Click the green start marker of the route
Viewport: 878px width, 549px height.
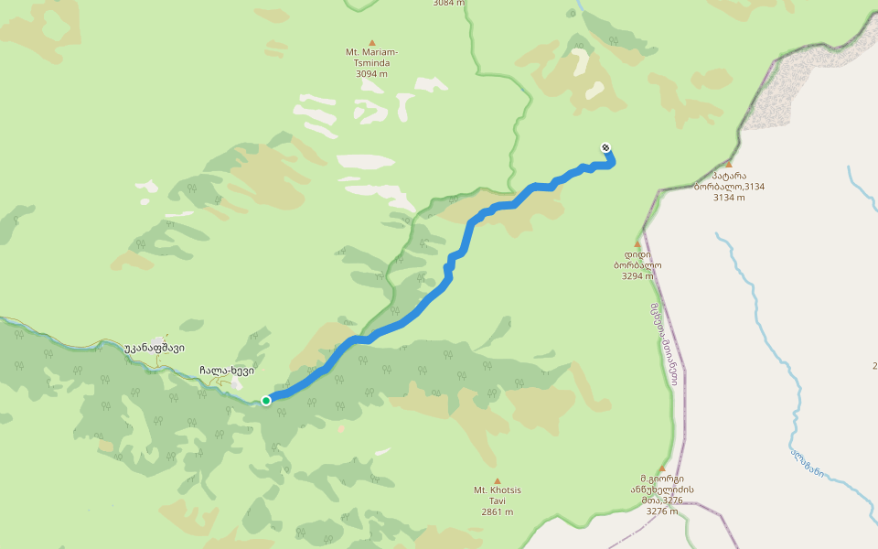coord(266,400)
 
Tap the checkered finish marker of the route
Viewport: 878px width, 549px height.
coord(605,147)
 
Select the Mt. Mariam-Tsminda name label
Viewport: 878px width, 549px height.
coord(371,57)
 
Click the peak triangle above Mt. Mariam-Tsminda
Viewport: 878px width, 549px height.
coord(372,42)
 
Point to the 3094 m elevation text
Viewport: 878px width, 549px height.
coord(371,73)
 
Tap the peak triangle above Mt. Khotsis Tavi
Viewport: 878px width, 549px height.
coord(498,480)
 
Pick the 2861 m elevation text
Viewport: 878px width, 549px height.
coord(497,511)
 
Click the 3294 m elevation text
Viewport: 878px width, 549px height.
coord(637,275)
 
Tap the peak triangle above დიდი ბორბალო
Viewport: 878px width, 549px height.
coord(637,243)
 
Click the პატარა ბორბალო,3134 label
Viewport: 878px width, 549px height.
coord(729,181)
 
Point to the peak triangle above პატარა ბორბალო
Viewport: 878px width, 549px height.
coord(729,165)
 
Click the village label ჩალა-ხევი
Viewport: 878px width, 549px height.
coord(227,371)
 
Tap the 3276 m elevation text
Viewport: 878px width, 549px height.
coord(661,511)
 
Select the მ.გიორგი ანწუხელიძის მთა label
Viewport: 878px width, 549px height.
coord(661,489)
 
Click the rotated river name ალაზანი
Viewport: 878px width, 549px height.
coord(808,462)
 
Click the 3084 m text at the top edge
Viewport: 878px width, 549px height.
coord(448,4)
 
